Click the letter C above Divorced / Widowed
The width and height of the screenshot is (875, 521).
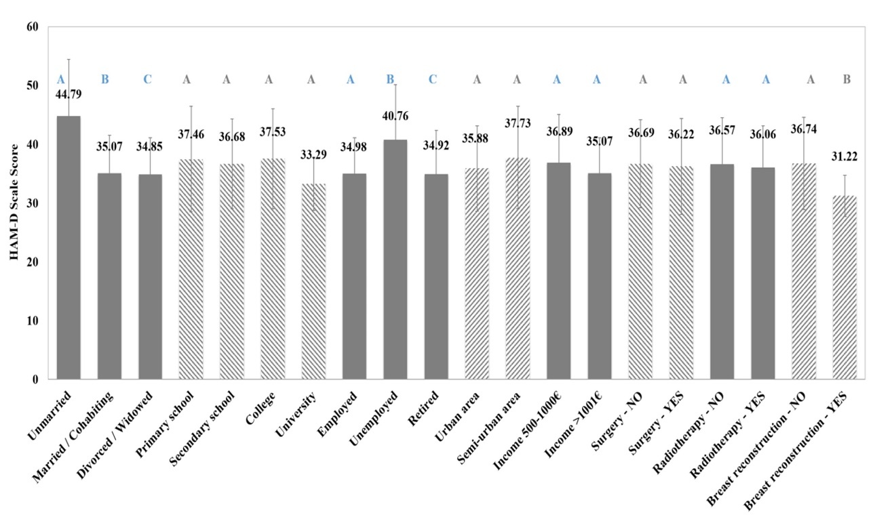click(147, 79)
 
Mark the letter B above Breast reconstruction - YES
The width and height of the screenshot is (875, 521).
click(847, 79)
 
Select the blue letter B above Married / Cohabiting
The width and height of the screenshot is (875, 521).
click(105, 79)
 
